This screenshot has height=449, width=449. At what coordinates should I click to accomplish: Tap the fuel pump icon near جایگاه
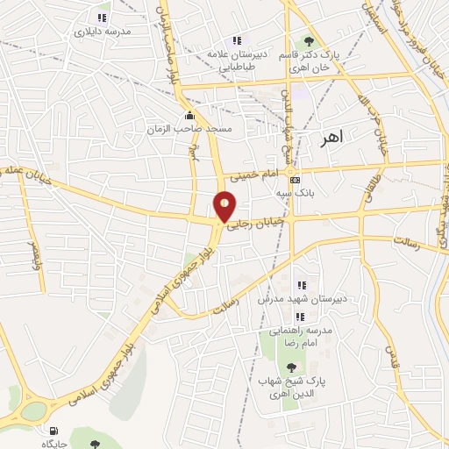pyautogui.click(x=53, y=431)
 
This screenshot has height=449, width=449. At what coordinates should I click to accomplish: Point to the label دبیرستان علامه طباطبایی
pyautogui.click(x=235, y=58)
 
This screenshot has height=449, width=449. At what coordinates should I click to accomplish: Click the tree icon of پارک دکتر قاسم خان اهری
pyautogui.click(x=308, y=40)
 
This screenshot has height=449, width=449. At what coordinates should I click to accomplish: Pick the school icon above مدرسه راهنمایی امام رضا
pyautogui.click(x=299, y=316)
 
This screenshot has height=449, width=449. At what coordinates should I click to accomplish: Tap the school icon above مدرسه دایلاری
pyautogui.click(x=103, y=17)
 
